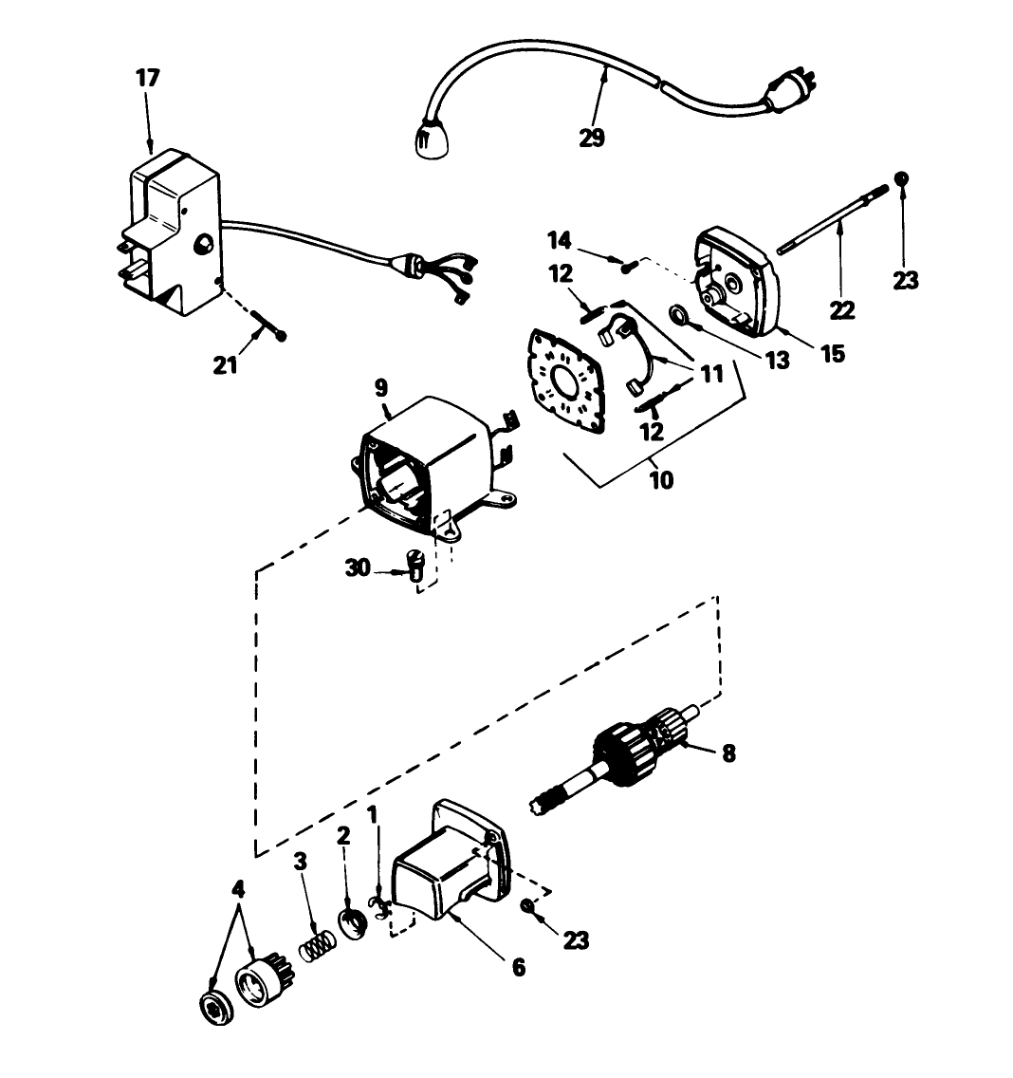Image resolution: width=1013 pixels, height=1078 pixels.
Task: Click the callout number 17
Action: coord(148,78)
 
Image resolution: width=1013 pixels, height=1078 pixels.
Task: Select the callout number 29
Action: coord(592,138)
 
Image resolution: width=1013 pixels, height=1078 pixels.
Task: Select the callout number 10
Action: coord(661,479)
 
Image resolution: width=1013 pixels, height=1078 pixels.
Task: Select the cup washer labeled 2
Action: coord(353,921)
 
